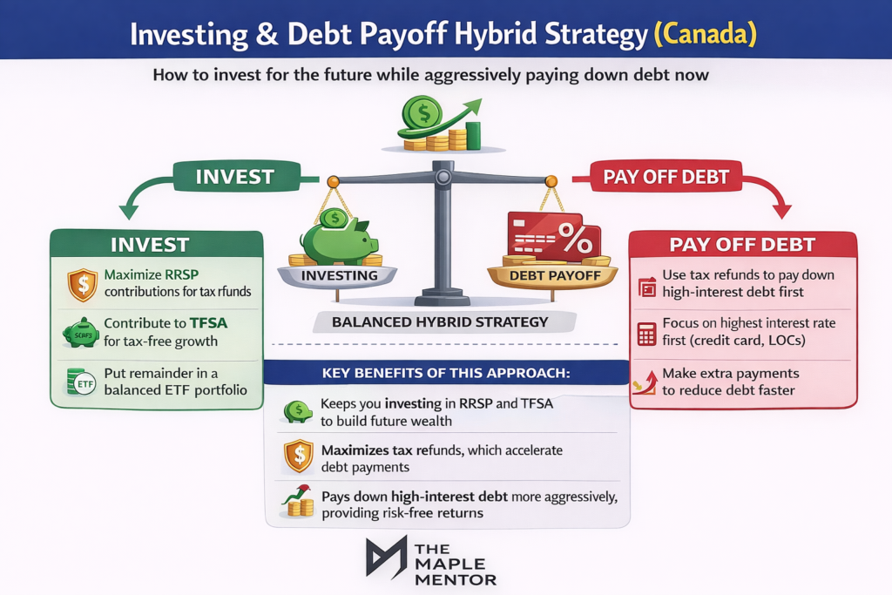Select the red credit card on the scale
coord(541,233)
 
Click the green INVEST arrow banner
coord(234,177)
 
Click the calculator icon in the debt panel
coord(646,334)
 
